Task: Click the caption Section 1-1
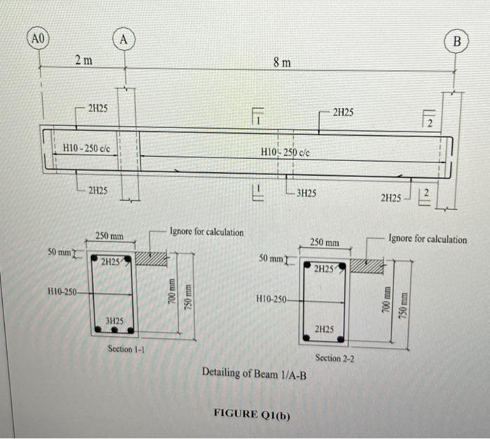(x=126, y=348)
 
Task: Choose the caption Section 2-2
(x=335, y=358)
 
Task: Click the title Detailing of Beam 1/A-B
(x=257, y=372)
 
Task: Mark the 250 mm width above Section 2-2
(x=324, y=242)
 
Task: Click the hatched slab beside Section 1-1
(x=150, y=259)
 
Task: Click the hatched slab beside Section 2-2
(x=366, y=266)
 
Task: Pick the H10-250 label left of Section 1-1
(x=62, y=291)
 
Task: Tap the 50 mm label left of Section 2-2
(x=270, y=259)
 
